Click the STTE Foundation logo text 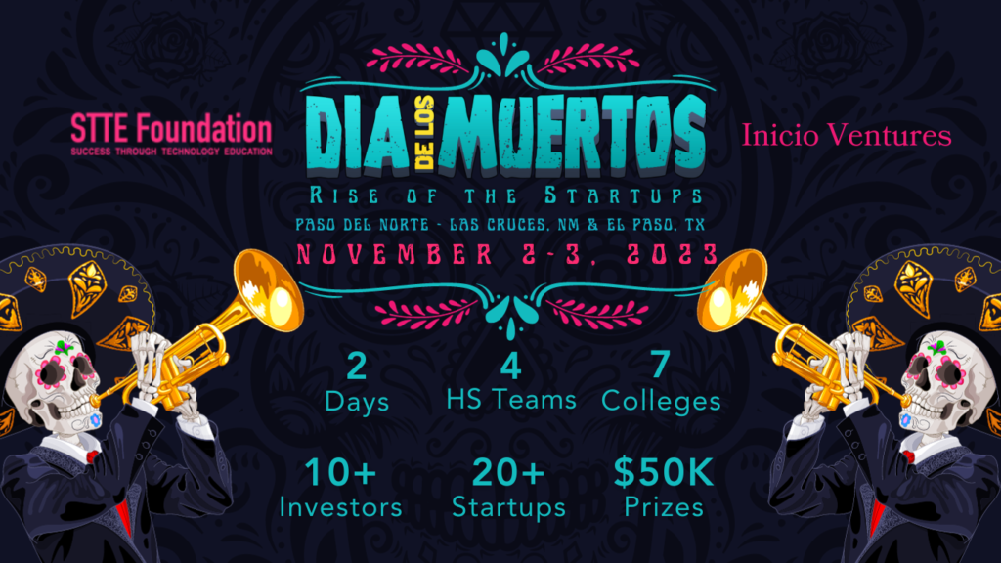coord(171,134)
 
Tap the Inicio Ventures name coord(847,135)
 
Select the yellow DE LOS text coord(424,132)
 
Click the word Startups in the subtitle coord(623,195)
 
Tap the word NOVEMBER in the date coord(395,255)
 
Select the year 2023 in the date coord(673,255)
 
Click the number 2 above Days coord(356,366)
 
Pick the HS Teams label coord(510,400)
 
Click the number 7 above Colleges coord(660,364)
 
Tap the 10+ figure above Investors coord(340,472)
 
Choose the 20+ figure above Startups coord(507,472)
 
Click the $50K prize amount coord(664,472)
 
